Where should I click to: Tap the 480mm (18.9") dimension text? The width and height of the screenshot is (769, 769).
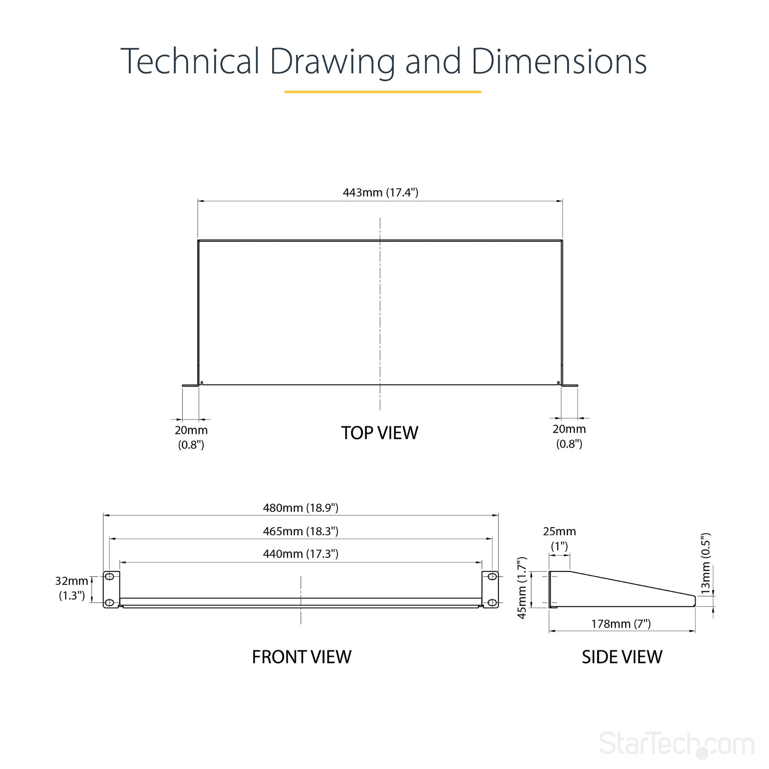pos(300,508)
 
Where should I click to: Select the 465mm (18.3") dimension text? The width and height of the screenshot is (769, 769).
pos(300,532)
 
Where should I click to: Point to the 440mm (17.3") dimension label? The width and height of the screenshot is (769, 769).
pos(300,554)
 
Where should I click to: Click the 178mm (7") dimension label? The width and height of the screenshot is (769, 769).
pos(621,624)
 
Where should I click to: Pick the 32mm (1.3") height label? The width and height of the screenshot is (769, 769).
pos(72,588)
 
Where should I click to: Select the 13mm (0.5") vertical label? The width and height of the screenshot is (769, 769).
pos(705,564)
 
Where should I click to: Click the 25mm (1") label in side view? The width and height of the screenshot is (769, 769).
pos(559,539)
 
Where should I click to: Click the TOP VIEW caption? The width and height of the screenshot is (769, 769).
pos(380,433)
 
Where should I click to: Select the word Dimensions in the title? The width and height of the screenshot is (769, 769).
pos(559,61)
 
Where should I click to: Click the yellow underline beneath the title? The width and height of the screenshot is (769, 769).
pos(383,92)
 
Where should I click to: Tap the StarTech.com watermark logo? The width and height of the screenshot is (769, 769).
pos(677,743)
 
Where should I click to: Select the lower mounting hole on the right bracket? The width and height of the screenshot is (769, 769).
pos(492,603)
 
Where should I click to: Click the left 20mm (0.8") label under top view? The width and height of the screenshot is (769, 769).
pos(191,437)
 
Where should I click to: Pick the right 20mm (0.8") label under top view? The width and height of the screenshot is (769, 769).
pos(569,436)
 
